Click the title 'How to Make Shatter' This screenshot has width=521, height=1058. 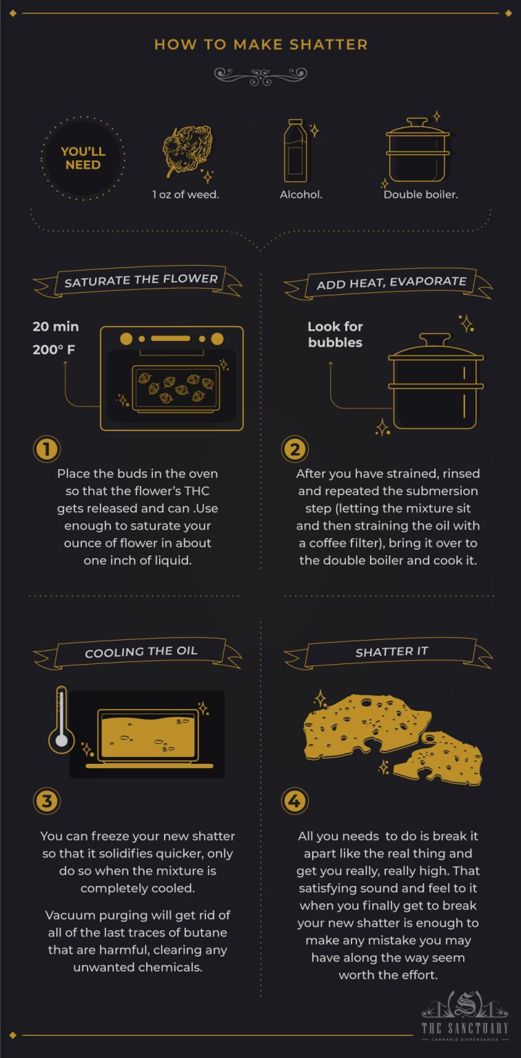[x=260, y=45]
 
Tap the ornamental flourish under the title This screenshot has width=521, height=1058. [x=260, y=75]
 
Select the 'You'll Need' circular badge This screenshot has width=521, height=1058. [x=83, y=158]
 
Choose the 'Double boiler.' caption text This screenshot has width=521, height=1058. [x=420, y=194]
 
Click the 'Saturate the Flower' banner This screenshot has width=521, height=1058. [x=141, y=280]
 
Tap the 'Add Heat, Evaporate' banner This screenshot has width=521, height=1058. [x=391, y=282]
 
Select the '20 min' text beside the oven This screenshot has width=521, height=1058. [x=56, y=326]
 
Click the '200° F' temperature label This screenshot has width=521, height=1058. [x=54, y=350]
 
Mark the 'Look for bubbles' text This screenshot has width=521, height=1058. [x=335, y=334]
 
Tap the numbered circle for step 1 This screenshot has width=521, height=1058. [x=47, y=449]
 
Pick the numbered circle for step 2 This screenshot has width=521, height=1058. [x=295, y=449]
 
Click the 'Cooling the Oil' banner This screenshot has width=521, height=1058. [x=141, y=652]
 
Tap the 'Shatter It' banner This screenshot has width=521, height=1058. [x=391, y=652]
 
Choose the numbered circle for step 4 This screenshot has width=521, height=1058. [x=295, y=800]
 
